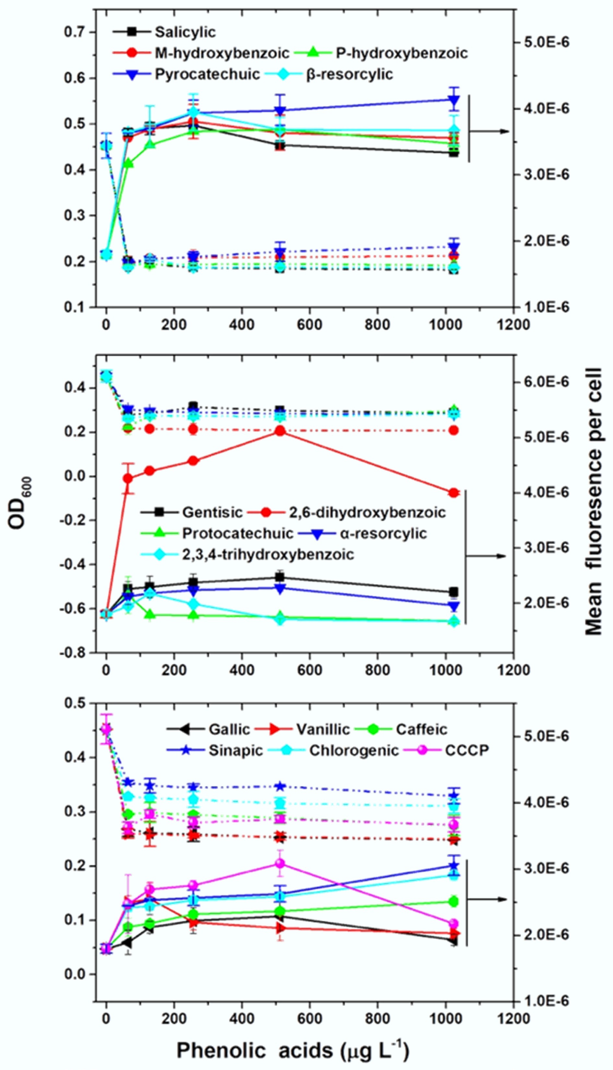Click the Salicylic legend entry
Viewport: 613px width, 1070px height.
[185, 32]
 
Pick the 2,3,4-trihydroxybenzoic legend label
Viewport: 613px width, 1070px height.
[268, 554]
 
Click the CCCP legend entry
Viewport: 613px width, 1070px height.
[467, 751]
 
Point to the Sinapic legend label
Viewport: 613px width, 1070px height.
[235, 751]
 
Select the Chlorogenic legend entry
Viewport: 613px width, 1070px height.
[354, 751]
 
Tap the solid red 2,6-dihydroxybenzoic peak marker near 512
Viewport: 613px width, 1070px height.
[280, 431]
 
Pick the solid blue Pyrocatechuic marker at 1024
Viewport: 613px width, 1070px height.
[453, 99]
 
